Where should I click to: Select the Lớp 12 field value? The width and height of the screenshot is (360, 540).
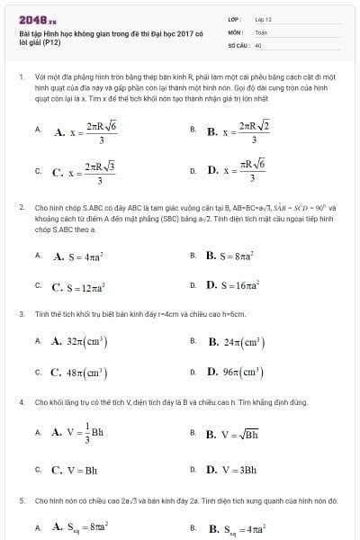[x=263, y=18]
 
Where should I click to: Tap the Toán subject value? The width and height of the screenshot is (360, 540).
[x=261, y=31]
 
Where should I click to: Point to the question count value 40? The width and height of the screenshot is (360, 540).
[x=258, y=43]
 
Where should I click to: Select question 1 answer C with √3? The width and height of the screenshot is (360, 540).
[x=84, y=169]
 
